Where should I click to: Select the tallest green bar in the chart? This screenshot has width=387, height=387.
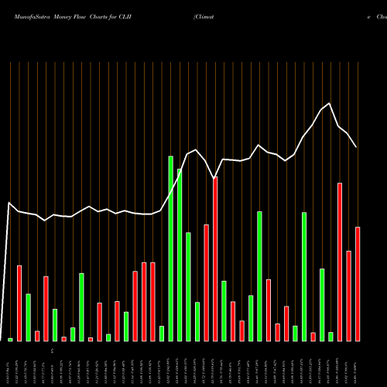pyautogui.click(x=170, y=248)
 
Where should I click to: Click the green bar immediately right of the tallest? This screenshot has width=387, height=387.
pyautogui.click(x=180, y=255)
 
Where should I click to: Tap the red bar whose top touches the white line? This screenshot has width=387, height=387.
pyautogui.click(x=215, y=259)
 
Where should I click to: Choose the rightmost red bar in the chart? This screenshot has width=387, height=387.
pyautogui.click(x=358, y=284)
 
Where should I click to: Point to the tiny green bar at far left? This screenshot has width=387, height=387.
pyautogui.click(x=10, y=339)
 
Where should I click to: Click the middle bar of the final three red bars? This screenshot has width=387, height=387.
pyautogui.click(x=349, y=296)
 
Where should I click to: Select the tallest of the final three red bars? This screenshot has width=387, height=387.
pyautogui.click(x=340, y=262)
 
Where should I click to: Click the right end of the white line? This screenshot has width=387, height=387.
pyautogui.click(x=356, y=147)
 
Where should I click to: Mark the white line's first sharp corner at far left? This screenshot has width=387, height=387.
pyautogui.click(x=9, y=204)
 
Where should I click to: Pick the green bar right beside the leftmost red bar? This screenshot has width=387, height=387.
pyautogui.click(x=28, y=317)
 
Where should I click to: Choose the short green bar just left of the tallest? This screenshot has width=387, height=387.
pyautogui.click(x=162, y=334)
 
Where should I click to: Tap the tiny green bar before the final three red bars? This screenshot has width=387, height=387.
pyautogui.click(x=330, y=336)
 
